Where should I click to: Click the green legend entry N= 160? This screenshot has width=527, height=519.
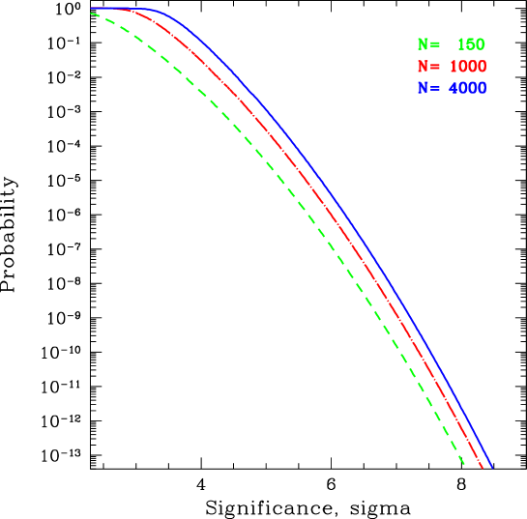(452, 44)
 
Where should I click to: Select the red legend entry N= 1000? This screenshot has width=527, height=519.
(452, 67)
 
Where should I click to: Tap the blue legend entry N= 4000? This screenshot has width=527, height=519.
(452, 88)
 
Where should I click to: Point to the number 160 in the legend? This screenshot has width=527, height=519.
(470, 44)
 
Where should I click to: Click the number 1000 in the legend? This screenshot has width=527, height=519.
(467, 67)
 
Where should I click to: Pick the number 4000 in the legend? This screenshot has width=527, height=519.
(467, 88)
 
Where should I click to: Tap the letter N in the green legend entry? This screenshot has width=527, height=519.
(423, 44)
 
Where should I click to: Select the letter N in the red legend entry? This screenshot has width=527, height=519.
(423, 67)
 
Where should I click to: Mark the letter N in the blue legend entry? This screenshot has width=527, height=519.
(423, 88)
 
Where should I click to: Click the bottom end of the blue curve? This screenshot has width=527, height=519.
(492, 467)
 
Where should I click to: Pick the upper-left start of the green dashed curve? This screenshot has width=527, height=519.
(92, 14)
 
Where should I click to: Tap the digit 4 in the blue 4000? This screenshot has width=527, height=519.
(453, 88)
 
